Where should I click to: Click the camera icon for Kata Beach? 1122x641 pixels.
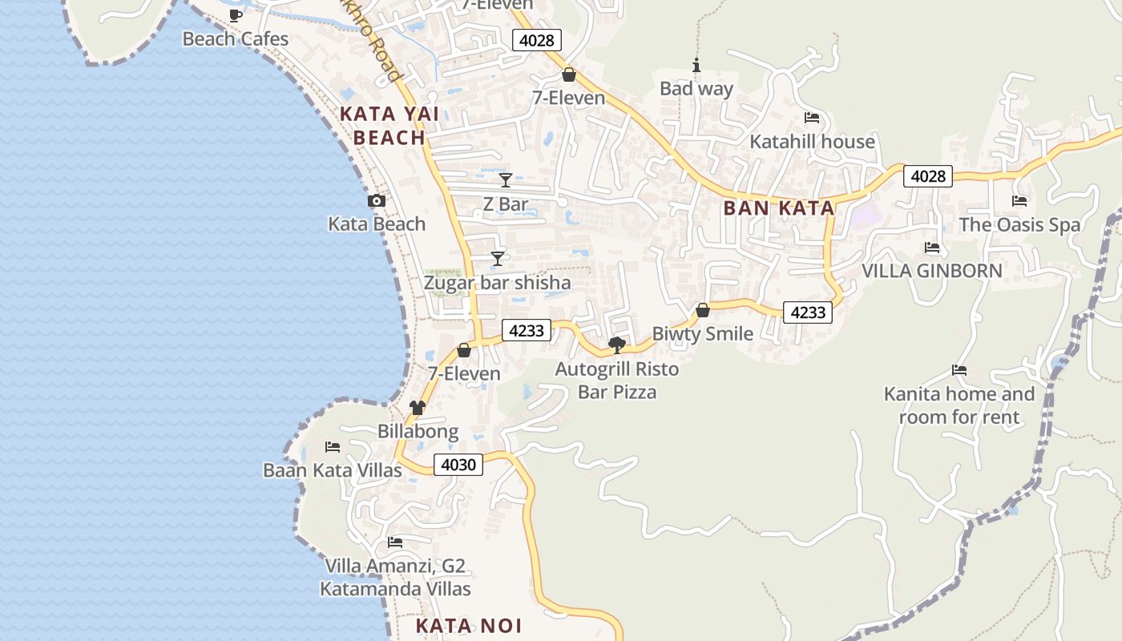376,201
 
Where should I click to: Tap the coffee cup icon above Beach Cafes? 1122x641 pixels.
235,15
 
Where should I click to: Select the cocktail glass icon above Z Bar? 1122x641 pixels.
505,180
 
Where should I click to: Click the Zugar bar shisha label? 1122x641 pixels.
497,283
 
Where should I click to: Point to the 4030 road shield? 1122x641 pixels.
458,465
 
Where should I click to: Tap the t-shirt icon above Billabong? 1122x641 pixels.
418,408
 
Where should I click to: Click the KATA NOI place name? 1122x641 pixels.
469,626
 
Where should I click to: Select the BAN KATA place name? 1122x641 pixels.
779,208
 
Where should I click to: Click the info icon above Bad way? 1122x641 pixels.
696,66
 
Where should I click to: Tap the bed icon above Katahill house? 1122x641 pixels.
812,119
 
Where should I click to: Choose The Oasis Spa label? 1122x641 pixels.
1019,225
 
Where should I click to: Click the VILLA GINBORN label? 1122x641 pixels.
931,271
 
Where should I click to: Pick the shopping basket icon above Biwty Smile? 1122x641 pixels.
703,310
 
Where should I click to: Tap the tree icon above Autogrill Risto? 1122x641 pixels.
617,345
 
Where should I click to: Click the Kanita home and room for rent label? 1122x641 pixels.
959,405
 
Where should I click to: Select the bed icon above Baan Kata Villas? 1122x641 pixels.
333,447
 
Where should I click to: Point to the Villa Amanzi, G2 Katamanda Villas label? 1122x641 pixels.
395,578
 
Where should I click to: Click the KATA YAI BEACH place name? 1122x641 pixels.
389,126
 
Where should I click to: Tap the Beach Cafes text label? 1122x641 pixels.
235,38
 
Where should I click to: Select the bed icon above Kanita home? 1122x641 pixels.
959,370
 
